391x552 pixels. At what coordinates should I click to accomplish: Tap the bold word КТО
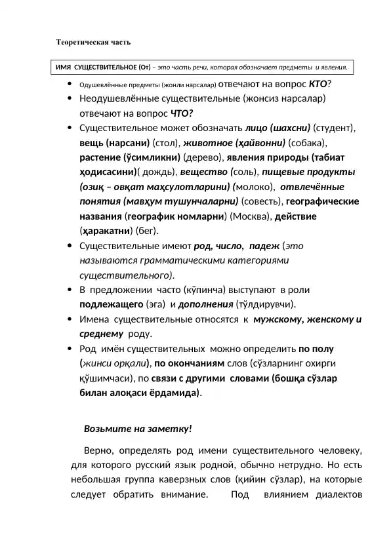point(318,84)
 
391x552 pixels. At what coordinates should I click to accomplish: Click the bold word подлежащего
point(111,304)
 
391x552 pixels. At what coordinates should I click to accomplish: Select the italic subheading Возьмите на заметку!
point(138,429)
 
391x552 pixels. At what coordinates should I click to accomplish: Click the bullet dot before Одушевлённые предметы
point(70,84)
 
